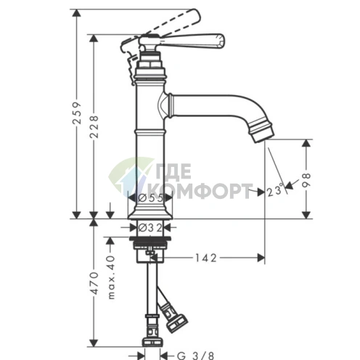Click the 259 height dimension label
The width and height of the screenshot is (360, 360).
coord(78,113)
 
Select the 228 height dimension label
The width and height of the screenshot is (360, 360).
coord(94,126)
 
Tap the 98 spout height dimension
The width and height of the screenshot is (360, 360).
coord(306,180)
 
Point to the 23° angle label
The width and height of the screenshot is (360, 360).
coord(275,190)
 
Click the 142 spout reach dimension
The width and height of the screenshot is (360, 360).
coord(206,258)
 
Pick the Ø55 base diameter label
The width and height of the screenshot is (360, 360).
coord(150,198)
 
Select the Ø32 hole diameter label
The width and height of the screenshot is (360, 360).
coord(150,227)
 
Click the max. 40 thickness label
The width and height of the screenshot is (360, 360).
coord(111,277)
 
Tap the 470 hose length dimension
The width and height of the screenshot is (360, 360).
coord(94,283)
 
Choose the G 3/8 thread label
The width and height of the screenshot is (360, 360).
coord(196,356)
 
